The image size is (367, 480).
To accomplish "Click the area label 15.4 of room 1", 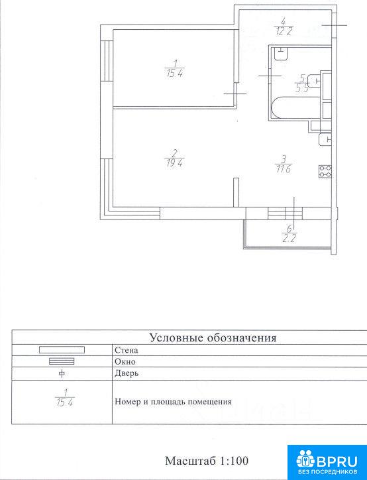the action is tap(175, 74).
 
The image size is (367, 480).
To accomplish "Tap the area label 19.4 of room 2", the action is tap(174, 163).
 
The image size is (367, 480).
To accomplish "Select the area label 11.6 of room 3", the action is tap(284, 169).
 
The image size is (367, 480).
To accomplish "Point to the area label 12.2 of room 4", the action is tap(284, 31).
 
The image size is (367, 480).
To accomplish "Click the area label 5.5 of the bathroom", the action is tap(302, 89).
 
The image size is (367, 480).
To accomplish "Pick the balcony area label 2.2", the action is tap(289, 238).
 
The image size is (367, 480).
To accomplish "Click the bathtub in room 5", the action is tap(295, 108).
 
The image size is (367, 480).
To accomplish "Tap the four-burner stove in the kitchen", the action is tap(325, 171).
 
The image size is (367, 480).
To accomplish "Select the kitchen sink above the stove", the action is tap(325, 140).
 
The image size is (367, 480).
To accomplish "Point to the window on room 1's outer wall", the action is tap(107, 60).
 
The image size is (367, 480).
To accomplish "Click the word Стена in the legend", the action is tap(127, 350).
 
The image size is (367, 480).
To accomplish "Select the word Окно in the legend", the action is tap(125, 361).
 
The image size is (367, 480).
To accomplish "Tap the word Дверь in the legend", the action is tap(127, 374).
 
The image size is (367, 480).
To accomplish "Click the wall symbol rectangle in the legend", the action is tap(62, 349).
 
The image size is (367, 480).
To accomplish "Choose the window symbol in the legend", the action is tap(62, 361).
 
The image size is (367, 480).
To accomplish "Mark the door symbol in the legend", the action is tap(62, 374).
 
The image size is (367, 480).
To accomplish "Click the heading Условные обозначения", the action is tap(213, 338).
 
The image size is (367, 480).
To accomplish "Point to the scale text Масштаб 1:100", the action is tap(207, 461).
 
